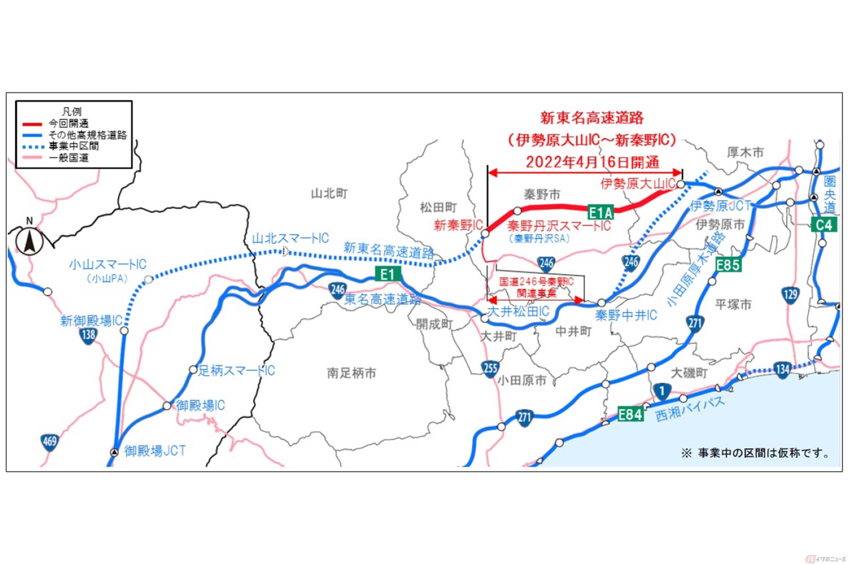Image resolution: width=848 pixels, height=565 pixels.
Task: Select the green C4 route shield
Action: click(824, 225)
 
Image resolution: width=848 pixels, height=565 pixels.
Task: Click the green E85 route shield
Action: click(728, 265)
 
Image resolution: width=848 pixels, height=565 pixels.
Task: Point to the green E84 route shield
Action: click(630, 414)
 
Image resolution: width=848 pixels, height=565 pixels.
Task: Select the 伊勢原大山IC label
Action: click(637, 184)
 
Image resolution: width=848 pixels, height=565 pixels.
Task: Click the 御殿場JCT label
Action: click(155, 451)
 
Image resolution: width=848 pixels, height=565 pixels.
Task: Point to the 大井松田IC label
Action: click(518, 312)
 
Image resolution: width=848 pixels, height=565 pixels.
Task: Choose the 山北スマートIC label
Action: click(290, 239)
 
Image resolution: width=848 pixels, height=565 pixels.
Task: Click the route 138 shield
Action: click(88, 336)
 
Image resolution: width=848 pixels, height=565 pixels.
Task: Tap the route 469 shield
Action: click(49, 442)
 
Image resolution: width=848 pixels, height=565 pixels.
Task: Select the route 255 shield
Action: click(490, 368)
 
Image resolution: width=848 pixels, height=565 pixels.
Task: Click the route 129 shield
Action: click(790, 295)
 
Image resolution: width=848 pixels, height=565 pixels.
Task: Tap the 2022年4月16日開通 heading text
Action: click(592, 163)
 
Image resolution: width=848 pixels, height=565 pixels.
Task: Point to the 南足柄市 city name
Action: click(351, 373)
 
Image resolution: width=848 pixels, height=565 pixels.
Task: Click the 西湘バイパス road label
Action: click(689, 410)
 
